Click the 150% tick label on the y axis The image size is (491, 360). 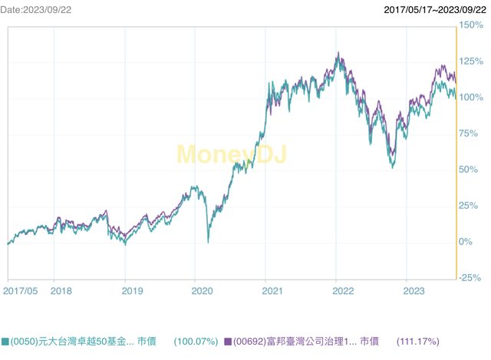point(470,25)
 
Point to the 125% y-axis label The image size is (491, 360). point(470,61)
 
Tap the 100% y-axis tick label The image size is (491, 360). point(470,97)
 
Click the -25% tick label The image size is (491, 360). point(470,277)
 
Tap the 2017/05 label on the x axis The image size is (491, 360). point(20,291)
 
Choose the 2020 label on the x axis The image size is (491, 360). point(203,291)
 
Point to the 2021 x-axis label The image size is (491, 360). point(273,291)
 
